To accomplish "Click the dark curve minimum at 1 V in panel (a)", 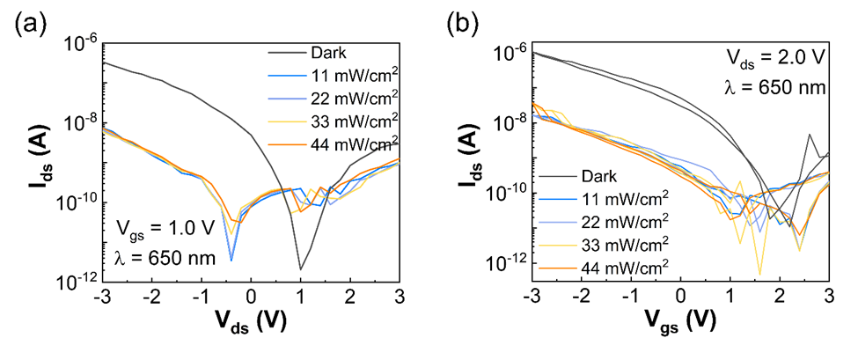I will pyautogui.click(x=300, y=268).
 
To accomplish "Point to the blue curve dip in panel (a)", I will pyautogui.click(x=231, y=259).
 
